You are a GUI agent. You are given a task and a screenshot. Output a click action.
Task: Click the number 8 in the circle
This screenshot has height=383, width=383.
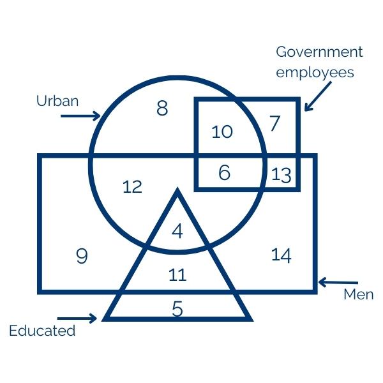coord(162,109)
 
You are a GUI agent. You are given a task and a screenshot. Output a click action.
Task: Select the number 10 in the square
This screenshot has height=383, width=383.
coord(222,132)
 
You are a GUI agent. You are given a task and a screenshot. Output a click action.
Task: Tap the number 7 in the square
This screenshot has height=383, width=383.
coord(274,123)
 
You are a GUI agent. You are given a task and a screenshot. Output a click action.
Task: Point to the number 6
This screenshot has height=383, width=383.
coord(224,172)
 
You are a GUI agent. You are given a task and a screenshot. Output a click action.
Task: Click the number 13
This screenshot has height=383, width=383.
coord(281,174)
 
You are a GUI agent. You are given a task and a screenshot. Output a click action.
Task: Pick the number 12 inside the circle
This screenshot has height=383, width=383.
coord(132,187)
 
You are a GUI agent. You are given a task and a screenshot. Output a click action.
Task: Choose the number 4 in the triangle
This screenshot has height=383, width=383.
coord(177,230)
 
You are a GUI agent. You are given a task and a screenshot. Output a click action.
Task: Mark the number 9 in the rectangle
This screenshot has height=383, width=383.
coord(82,257)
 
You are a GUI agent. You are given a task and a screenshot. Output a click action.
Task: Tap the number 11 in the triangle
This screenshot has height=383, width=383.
coord(177,275)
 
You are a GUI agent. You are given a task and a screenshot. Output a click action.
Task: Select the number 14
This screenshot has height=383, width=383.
coord(282,255)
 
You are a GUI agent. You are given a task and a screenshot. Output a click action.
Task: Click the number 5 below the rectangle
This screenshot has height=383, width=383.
coord(177,309)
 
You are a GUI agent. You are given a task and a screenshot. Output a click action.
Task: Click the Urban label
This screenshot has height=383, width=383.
coord(57,101)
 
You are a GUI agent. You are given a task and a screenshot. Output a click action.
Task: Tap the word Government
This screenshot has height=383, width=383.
coord(319,52)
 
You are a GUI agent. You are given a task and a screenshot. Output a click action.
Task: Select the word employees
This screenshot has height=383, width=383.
coord(315,72)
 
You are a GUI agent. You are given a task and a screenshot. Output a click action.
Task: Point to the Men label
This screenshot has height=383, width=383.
coord(358,295)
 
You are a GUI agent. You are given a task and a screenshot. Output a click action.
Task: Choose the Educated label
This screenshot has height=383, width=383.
coord(42,331)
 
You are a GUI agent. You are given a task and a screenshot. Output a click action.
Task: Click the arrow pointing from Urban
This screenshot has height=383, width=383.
coord(80,116)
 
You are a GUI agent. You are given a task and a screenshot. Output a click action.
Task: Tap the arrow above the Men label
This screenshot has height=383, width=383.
coord(338,282)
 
